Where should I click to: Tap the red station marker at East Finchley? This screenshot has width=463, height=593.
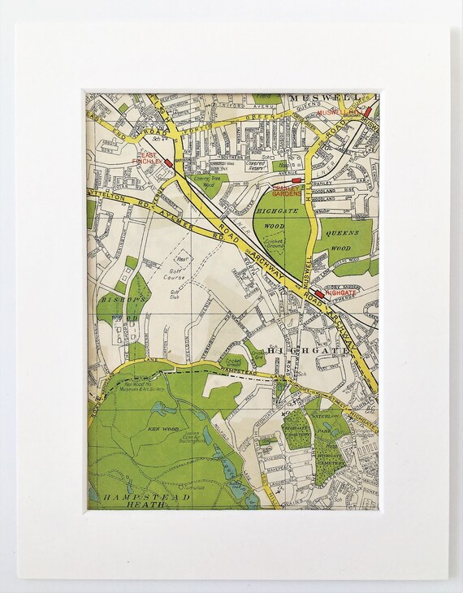168,163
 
